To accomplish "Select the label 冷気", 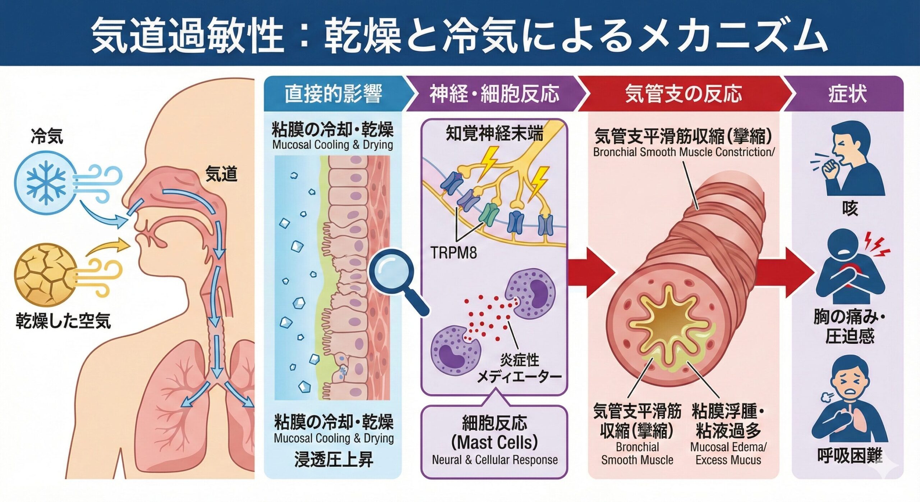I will pos(47,136).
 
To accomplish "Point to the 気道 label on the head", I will pos(221,174).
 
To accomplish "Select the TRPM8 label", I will pos(454,253).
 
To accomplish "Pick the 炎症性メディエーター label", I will pos(520,369).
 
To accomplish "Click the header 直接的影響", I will pos(333,94).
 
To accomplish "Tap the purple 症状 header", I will pos(847,94).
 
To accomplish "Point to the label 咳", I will pos(850,208).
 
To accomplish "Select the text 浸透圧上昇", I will pos(334,460).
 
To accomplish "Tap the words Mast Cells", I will pos(495,442).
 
